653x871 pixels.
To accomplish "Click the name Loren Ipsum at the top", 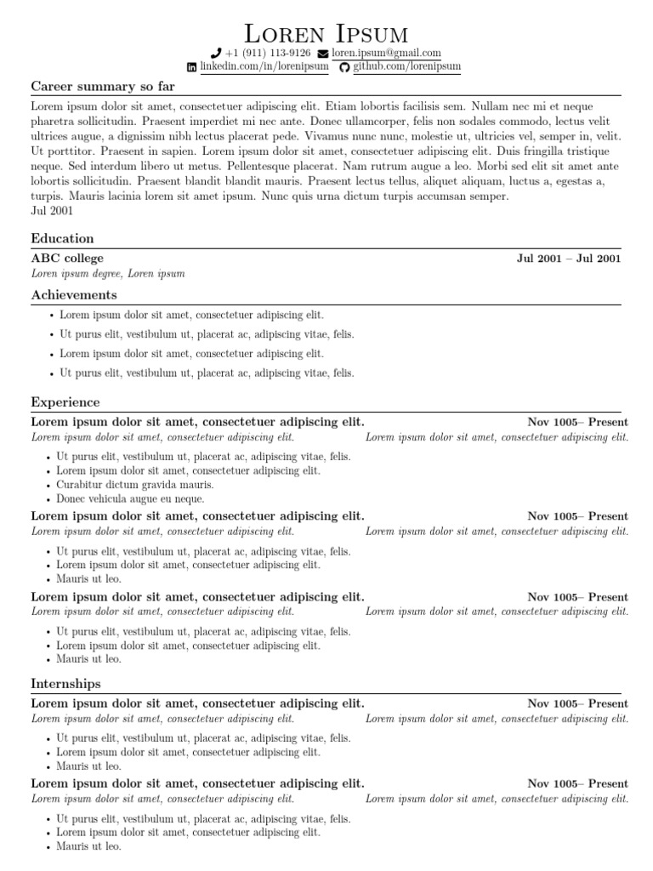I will tap(326, 33).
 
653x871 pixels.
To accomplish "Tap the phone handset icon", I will tap(216, 53).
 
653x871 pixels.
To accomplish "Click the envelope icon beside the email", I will tap(323, 53).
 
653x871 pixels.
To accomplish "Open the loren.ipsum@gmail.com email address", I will tap(386, 53).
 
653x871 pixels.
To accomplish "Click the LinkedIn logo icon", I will tap(192, 66).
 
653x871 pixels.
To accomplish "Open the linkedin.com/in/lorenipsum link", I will tap(264, 66).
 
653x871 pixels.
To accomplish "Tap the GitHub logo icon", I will tap(344, 66).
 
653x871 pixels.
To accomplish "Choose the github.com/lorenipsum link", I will tap(406, 66).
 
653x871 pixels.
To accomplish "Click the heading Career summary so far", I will tap(103, 87).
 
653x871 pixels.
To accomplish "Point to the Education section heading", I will tap(62, 239).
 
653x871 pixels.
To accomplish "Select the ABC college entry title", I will tap(67, 259).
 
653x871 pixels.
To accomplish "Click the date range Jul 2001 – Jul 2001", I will tap(569, 259).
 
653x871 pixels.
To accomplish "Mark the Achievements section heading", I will tap(74, 295).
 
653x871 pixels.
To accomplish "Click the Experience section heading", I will tap(65, 402).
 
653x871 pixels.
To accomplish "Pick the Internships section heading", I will tap(65, 684).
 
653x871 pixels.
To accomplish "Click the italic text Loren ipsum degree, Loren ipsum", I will tap(108, 274).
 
